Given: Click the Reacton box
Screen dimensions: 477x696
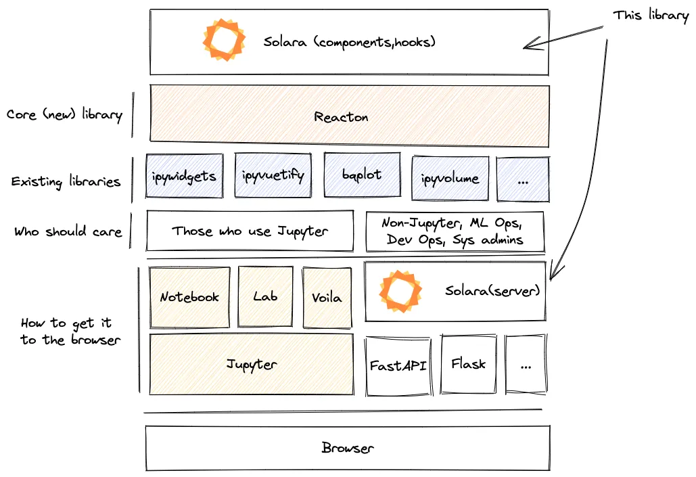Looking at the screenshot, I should (349, 116).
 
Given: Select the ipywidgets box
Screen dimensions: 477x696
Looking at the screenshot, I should (184, 177).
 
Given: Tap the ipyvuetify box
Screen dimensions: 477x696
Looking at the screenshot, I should (273, 176).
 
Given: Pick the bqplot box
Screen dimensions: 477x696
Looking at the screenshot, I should (362, 175).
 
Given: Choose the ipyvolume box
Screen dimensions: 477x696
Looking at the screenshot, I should (450, 179).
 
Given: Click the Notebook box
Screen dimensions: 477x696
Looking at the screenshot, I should (189, 297).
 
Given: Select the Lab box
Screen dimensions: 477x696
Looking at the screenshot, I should (266, 297).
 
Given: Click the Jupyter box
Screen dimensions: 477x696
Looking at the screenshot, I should (251, 364).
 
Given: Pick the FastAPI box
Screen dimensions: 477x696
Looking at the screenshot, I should (398, 365).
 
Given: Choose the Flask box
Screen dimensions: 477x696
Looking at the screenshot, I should (469, 364).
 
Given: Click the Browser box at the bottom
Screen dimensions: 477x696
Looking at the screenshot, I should (348, 448).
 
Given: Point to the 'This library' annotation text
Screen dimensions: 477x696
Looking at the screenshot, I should (650, 15).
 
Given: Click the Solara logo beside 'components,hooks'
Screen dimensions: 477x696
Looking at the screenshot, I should (223, 41).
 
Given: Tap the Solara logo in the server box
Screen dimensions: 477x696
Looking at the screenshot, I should (400, 290).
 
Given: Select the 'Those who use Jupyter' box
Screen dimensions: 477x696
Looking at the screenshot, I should (250, 231).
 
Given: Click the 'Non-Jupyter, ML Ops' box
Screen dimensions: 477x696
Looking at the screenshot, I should (455, 231).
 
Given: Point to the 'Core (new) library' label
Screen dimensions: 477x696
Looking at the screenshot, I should (64, 114).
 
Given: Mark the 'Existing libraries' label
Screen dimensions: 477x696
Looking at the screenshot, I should (66, 181).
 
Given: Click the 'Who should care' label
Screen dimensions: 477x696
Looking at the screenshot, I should (68, 231).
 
